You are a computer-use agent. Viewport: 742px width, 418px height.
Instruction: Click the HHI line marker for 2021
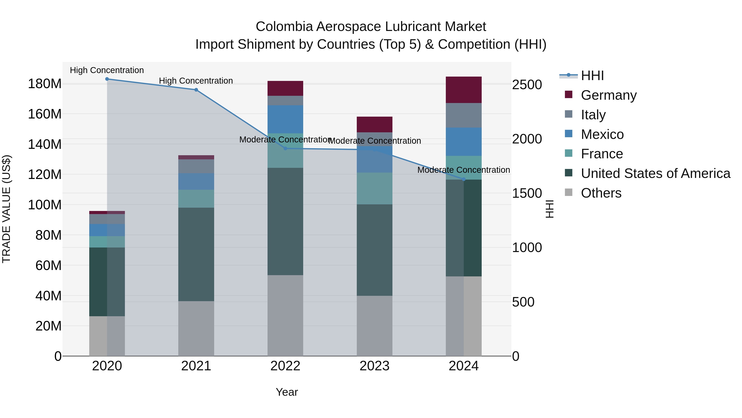[196, 90]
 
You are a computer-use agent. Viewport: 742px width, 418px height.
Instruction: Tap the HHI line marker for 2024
[464, 179]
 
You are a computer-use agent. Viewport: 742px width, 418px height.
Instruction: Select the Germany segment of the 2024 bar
[464, 90]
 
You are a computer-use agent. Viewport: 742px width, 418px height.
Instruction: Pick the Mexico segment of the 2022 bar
[285, 119]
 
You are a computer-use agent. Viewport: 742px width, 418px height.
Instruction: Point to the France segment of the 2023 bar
[375, 188]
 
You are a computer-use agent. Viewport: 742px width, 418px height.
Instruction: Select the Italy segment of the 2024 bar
[464, 115]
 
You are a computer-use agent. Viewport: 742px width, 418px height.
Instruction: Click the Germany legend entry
[608, 95]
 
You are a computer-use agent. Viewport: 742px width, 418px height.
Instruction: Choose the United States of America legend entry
[655, 173]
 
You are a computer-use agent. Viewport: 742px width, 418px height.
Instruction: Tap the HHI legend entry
[592, 76]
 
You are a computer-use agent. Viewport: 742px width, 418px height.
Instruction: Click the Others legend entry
[601, 193]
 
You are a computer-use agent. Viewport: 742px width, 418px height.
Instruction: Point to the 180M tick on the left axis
[45, 84]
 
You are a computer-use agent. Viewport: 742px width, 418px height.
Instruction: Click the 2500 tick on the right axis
[527, 85]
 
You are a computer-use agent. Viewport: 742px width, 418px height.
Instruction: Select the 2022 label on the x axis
[285, 366]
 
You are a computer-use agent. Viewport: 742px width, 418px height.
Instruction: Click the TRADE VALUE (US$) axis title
[7, 209]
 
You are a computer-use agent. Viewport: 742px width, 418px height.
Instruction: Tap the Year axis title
[287, 392]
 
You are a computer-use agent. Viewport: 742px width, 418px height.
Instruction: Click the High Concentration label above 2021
[196, 81]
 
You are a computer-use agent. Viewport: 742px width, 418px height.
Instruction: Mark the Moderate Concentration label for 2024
[464, 170]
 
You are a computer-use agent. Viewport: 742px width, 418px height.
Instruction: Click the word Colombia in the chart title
[284, 27]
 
